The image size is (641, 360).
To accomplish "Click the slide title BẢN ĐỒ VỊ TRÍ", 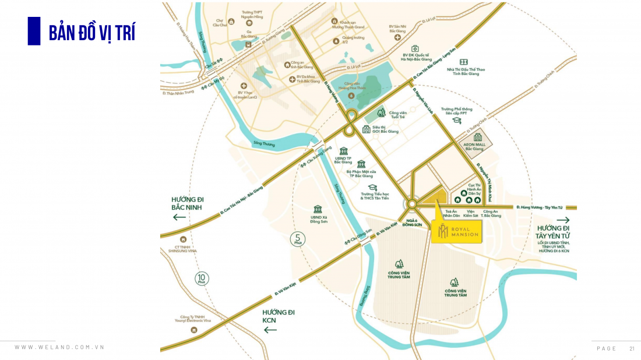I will click(x=91, y=33).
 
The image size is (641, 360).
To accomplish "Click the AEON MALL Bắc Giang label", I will click(x=474, y=146).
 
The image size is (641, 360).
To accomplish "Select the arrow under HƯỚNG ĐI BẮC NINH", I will click(x=179, y=217).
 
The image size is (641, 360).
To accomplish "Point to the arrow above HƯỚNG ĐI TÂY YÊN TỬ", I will click(x=563, y=220).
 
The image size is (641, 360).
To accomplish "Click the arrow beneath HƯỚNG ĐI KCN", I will click(x=270, y=330).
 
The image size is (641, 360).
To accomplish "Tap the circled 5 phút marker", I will click(x=297, y=239).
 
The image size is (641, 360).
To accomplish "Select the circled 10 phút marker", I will click(x=202, y=279).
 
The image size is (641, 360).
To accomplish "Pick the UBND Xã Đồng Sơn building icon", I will click(x=318, y=209).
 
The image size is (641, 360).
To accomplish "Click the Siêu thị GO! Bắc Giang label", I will click(x=385, y=129).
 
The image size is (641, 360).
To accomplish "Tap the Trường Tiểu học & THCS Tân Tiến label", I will click(x=375, y=196).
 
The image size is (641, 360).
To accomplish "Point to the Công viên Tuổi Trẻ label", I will click(x=397, y=115).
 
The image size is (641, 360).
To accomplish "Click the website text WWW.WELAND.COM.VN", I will click(x=59, y=347).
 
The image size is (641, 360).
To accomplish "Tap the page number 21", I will click(x=632, y=348).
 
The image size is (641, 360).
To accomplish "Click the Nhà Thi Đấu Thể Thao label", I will click(x=465, y=72).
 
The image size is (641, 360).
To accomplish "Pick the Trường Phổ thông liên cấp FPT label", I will click(x=456, y=111).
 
